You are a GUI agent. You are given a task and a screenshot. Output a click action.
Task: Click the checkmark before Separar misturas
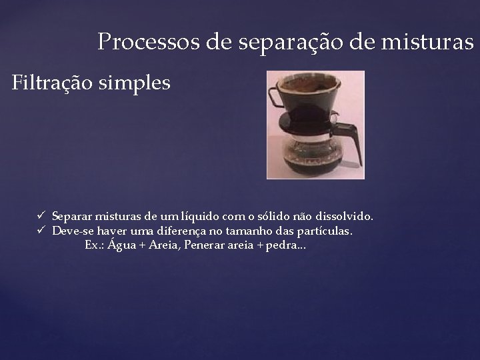pyautogui.click(x=41, y=217)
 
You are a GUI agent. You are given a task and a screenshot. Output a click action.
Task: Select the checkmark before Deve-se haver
pyautogui.click(x=41, y=231)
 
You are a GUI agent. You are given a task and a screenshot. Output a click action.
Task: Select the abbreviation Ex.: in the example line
pyautogui.click(x=94, y=245)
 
